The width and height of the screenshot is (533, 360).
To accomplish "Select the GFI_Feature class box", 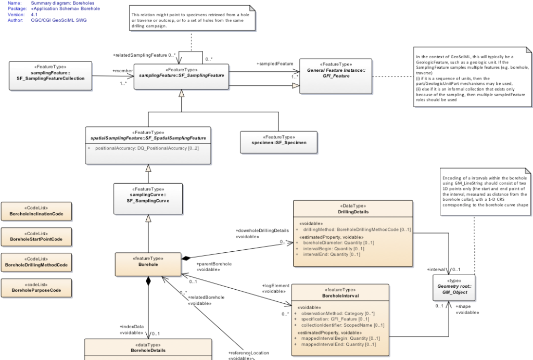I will [336, 76].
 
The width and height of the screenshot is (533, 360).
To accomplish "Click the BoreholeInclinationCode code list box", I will [36, 212].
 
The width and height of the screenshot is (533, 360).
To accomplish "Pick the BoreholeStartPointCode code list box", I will [36, 237].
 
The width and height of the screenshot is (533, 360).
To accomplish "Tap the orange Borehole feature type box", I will [148, 265].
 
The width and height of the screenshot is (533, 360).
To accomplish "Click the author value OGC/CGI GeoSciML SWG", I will [62, 20].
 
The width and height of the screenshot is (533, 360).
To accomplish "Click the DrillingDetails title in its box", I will [353, 212].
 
